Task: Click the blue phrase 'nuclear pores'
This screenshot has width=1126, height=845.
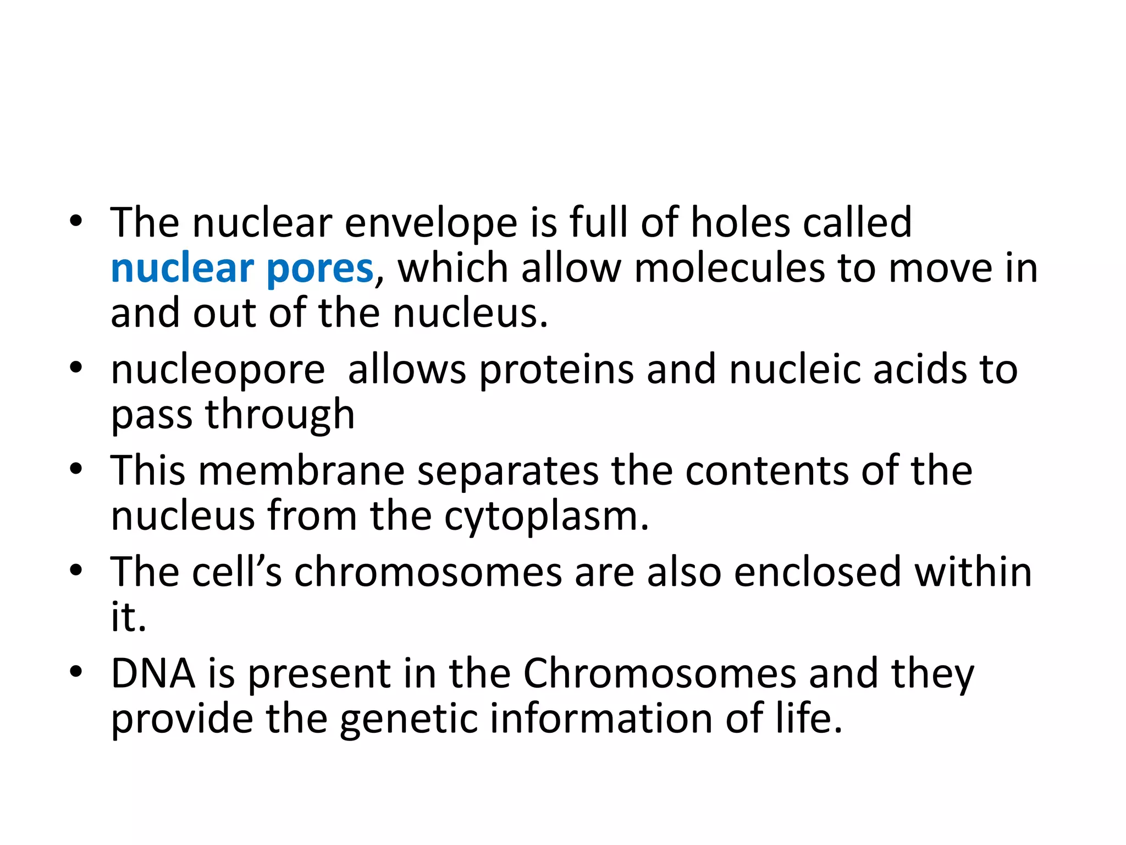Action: (x=242, y=268)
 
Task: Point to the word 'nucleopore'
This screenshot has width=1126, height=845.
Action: (x=218, y=370)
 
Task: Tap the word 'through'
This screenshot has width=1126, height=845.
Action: (x=280, y=415)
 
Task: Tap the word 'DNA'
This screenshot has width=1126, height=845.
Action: (x=153, y=673)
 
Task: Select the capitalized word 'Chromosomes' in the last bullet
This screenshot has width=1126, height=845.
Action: (x=659, y=673)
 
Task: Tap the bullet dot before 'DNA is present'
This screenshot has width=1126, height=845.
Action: (x=76, y=671)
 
